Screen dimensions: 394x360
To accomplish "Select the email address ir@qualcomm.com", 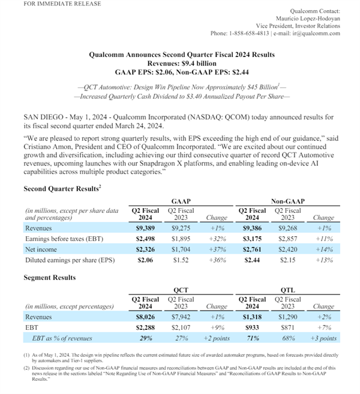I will (x=317, y=34).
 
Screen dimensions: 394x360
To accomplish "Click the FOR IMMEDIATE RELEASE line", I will (x=46, y=4).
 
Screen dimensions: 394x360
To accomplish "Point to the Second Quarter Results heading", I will (x=61, y=188).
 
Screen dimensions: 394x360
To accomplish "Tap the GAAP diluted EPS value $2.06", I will (x=145, y=261).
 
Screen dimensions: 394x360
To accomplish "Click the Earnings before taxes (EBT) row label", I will (x=62, y=239).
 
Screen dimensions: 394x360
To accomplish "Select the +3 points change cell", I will (x=323, y=339).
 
